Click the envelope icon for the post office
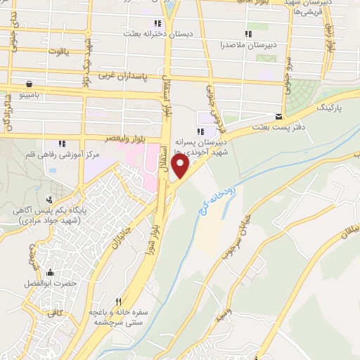pos(279,117)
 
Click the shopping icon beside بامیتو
pos(27,82)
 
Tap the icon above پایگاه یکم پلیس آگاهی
pos(49,199)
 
